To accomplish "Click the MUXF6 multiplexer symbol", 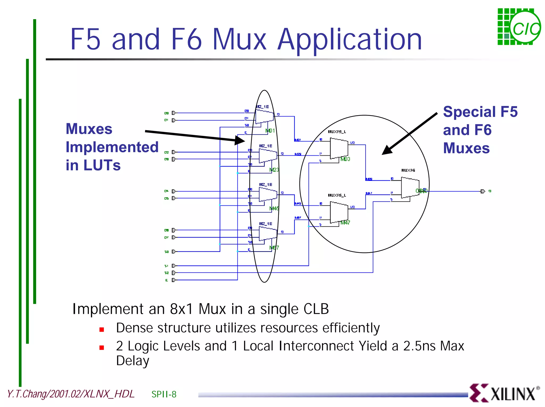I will (x=410, y=188).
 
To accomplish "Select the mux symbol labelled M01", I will (x=264, y=116).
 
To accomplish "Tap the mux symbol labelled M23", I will (x=268, y=155).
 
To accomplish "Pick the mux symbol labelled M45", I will (x=268, y=194).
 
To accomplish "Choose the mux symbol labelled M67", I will (x=268, y=233).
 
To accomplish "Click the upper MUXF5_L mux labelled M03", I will (x=339, y=148).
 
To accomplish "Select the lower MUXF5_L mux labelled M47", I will (x=339, y=212).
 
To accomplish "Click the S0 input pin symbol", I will (x=174, y=251).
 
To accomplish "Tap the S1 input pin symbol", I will (x=174, y=265).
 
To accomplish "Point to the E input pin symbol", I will (x=174, y=280).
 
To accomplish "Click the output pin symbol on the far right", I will (x=483, y=191).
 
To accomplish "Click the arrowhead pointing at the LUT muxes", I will (x=240, y=140).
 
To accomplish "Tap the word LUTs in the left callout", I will (x=102, y=165).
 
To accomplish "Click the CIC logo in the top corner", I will (x=519, y=27).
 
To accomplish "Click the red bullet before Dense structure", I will (x=101, y=330).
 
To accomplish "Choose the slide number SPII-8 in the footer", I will (x=164, y=394).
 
